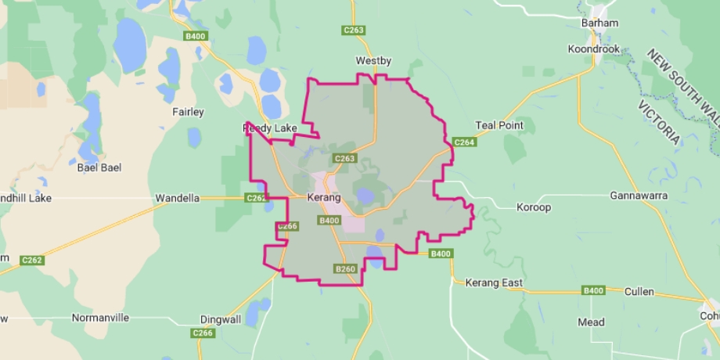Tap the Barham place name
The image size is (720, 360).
[x=599, y=23]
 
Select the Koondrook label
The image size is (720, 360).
[x=593, y=49]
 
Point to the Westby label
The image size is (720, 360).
[x=373, y=61]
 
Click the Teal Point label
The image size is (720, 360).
[x=499, y=125]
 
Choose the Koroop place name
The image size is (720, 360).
[x=534, y=208]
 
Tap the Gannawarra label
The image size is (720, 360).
[x=639, y=195]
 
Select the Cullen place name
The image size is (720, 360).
[x=639, y=292]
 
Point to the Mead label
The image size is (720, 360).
[x=591, y=322]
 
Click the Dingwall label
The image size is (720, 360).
[x=220, y=319]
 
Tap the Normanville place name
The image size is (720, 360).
[x=100, y=318]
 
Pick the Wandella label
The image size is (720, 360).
[x=178, y=198]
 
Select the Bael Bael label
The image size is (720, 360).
[x=99, y=167]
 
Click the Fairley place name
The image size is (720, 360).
[x=188, y=112]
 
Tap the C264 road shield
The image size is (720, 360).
[x=464, y=142]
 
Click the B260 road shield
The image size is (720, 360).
[x=345, y=269]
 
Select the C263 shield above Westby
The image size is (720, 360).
[x=354, y=30]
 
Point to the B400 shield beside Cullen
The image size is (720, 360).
[x=593, y=291]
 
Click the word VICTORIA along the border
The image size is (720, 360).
[x=658, y=123]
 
